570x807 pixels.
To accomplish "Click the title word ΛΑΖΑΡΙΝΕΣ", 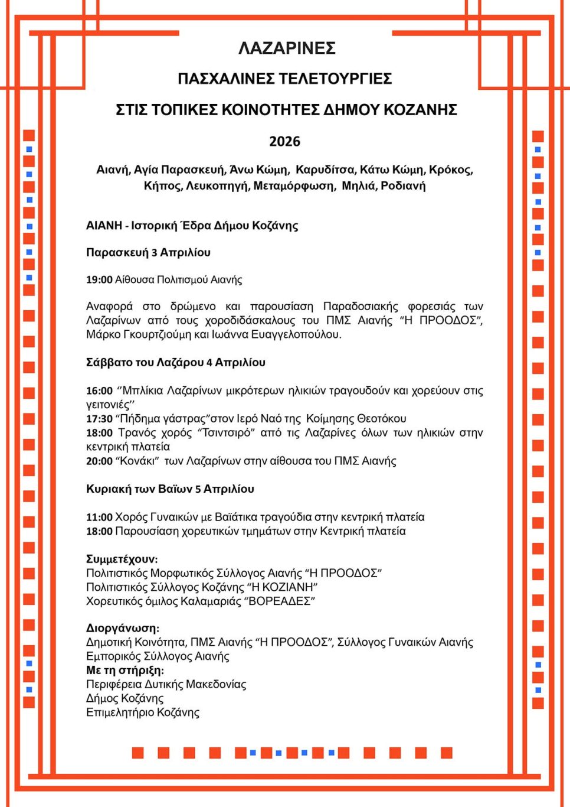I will pyautogui.click(x=287, y=48).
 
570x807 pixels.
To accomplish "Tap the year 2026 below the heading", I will pyautogui.click(x=284, y=141).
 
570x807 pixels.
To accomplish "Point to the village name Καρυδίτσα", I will pyautogui.click(x=325, y=170).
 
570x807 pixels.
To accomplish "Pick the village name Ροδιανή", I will pyautogui.click(x=403, y=186).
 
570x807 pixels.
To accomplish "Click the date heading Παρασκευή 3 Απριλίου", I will pyautogui.click(x=148, y=253).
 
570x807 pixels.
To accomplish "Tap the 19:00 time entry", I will pyautogui.click(x=99, y=280).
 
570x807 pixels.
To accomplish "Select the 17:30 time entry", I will pyautogui.click(x=99, y=419).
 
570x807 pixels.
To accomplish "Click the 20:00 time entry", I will pyautogui.click(x=99, y=461).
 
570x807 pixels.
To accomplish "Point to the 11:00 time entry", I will pyautogui.click(x=99, y=518).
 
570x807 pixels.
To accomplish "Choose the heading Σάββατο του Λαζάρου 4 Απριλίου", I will pyautogui.click(x=176, y=363).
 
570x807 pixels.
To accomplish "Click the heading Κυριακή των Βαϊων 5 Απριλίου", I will pyautogui.click(x=170, y=489).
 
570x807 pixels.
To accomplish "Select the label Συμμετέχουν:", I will pyautogui.click(x=122, y=559).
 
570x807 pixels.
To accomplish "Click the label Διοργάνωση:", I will pyautogui.click(x=123, y=628).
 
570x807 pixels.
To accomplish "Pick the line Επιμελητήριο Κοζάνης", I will pyautogui.click(x=143, y=712).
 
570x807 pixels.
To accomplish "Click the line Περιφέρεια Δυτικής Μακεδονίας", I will pyautogui.click(x=166, y=684).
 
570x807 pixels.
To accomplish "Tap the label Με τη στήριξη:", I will pyautogui.click(x=125, y=671).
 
